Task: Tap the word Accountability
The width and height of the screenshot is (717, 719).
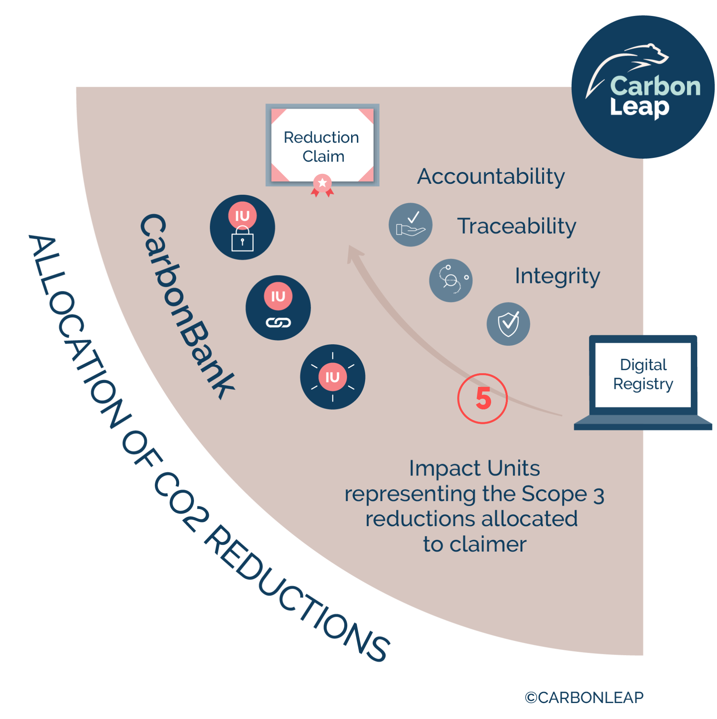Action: click(x=491, y=177)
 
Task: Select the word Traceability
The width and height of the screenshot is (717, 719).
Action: click(x=516, y=226)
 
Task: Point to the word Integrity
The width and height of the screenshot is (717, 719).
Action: click(x=557, y=276)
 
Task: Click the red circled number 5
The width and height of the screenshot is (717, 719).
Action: click(x=482, y=398)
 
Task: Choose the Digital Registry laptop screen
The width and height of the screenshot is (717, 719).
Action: click(x=643, y=375)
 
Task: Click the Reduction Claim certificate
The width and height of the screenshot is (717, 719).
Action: click(x=322, y=145)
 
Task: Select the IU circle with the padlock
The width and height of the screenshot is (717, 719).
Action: click(x=242, y=227)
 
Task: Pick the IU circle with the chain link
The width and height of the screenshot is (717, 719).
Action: click(x=278, y=307)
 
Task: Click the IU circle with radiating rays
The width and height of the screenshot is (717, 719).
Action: click(x=332, y=377)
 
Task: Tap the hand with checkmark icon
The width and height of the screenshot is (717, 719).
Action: click(x=410, y=224)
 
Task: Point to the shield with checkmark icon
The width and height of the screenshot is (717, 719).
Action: click(x=508, y=324)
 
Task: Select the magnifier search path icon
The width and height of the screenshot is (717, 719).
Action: click(x=451, y=280)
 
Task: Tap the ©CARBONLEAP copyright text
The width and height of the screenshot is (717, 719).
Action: click(x=584, y=697)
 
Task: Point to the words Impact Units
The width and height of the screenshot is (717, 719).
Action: click(x=474, y=468)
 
